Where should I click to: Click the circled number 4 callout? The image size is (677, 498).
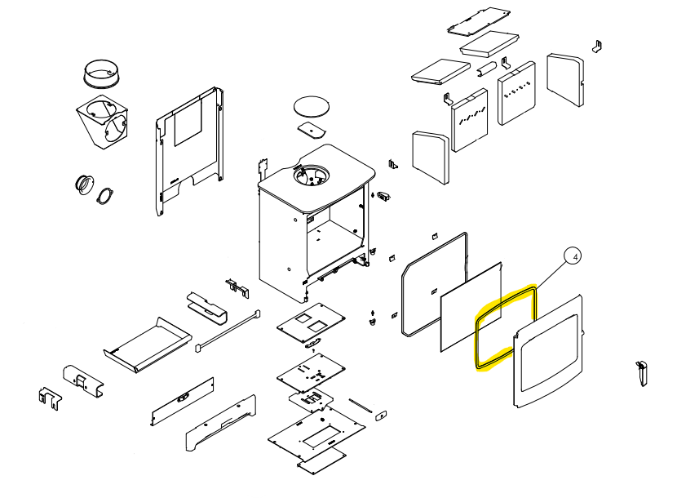[x=573, y=257]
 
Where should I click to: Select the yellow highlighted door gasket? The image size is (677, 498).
[x=506, y=327]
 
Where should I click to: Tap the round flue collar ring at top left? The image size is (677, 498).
[x=101, y=73]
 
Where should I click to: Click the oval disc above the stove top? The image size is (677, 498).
[x=312, y=106]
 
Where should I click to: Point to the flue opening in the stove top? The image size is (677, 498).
[x=311, y=175]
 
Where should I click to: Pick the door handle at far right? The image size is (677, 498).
[x=642, y=374]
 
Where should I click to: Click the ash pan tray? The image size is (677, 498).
[x=148, y=345]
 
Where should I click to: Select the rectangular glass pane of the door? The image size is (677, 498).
[x=471, y=307]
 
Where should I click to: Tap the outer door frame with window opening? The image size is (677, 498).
[x=548, y=351]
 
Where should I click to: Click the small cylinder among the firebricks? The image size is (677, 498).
[x=488, y=69]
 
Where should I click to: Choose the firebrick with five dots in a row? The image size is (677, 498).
[x=517, y=93]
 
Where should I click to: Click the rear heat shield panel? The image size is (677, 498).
[x=189, y=151]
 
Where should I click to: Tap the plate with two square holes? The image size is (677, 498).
[x=311, y=322]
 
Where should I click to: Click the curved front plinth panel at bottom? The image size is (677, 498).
[x=221, y=423]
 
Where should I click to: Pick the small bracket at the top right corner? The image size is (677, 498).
[x=597, y=47]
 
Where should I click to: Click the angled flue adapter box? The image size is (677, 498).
[x=102, y=122]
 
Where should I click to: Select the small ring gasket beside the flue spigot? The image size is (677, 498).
[x=105, y=196]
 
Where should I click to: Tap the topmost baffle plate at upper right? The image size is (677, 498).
[x=479, y=20]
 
